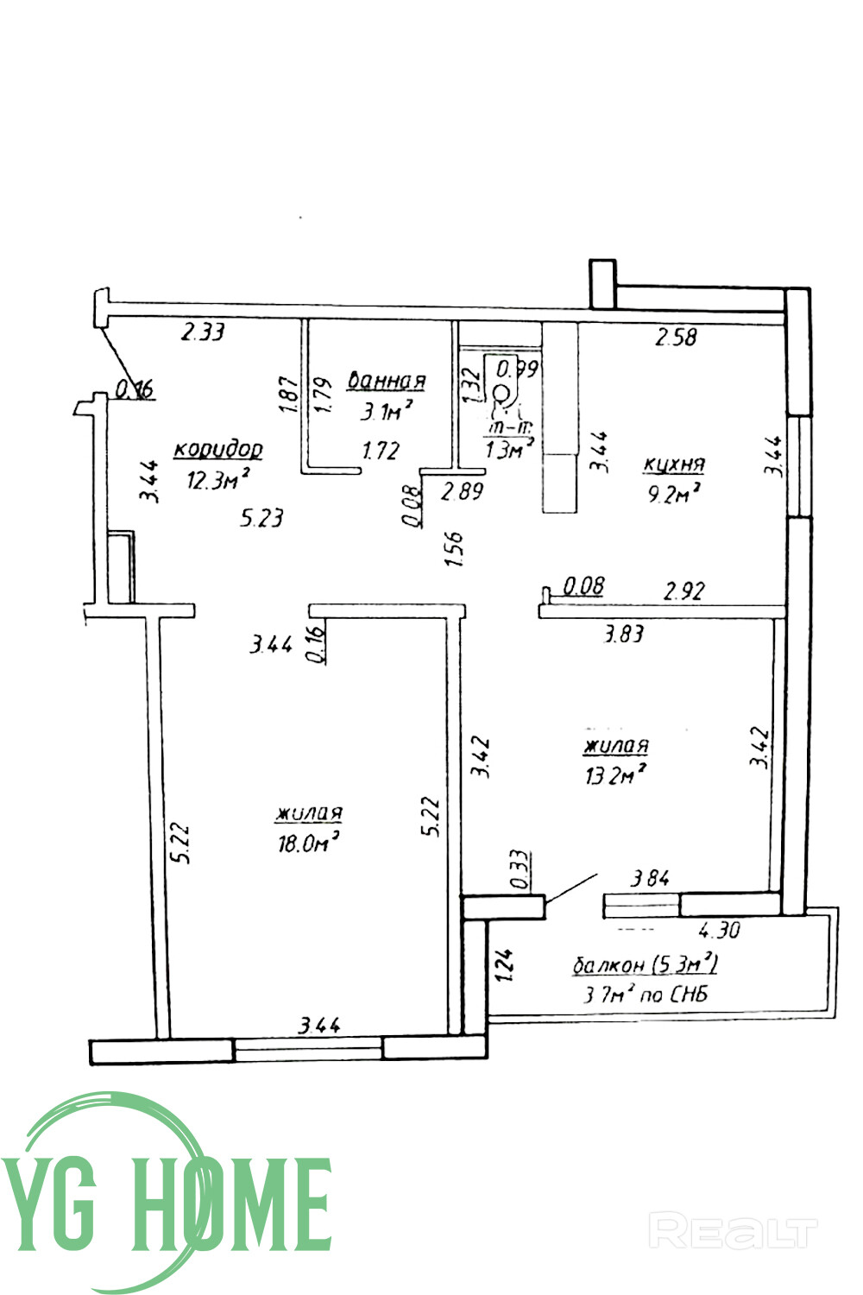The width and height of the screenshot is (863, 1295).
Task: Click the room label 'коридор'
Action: [x=218, y=450]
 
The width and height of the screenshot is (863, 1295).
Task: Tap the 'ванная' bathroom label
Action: [x=386, y=381]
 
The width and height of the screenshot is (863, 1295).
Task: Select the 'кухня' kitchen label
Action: [x=674, y=464]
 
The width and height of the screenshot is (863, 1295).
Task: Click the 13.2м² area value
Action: [x=615, y=775]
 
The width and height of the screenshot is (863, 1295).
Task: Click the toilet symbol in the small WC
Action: [x=501, y=396]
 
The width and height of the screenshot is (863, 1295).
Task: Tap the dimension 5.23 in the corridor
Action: [x=262, y=518]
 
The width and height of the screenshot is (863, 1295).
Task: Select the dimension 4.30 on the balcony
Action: [x=720, y=931]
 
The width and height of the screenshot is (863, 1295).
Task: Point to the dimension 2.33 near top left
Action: [x=203, y=332]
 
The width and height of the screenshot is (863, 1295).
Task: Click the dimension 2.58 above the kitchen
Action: [x=676, y=337]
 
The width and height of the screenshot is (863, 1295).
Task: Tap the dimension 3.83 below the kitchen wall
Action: [x=623, y=635]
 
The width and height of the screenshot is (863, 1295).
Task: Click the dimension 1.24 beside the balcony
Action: [x=505, y=966]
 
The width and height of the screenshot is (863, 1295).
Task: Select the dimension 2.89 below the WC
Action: [x=463, y=491]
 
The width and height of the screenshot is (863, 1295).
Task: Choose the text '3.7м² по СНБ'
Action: [x=646, y=995]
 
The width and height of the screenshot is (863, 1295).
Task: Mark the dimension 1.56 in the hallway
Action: [x=455, y=548]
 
